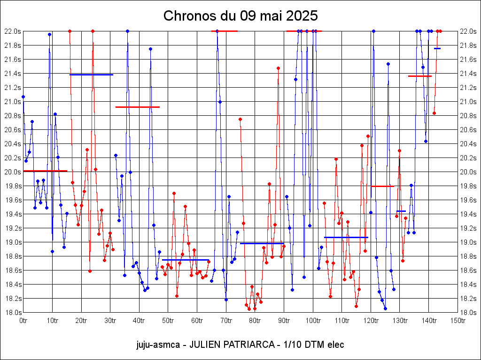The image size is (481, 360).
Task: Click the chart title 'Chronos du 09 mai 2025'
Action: [x=240, y=16]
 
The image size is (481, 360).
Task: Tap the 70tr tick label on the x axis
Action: [x=226, y=321]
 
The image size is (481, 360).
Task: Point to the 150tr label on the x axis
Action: [x=458, y=321]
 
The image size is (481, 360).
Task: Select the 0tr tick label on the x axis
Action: [x=23, y=321]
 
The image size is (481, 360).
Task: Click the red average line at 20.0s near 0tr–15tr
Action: [x=45, y=171]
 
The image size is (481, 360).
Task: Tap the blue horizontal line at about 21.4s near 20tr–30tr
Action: [x=91, y=75]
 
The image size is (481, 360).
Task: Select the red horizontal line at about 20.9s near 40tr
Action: [x=138, y=107]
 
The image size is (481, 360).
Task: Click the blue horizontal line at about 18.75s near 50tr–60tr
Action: [x=185, y=260]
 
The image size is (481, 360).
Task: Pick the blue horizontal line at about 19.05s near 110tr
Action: [x=346, y=237]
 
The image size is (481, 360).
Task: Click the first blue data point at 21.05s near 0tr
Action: [x=23, y=97]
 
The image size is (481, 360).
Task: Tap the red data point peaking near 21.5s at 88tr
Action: [x=278, y=68]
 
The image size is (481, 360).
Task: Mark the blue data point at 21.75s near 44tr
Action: [x=150, y=49]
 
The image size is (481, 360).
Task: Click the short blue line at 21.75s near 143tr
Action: [x=437, y=48]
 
